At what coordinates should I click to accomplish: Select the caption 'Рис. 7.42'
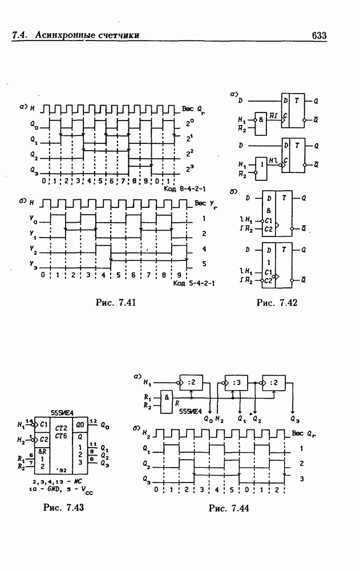pyautogui.click(x=277, y=302)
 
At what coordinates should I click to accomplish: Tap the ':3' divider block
pyautogui.click(x=236, y=383)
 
